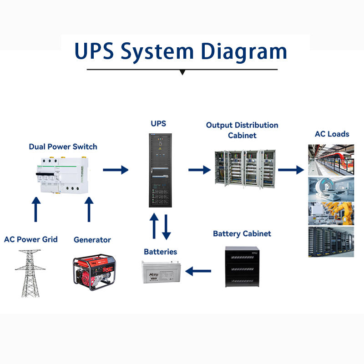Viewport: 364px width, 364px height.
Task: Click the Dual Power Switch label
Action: (63, 147)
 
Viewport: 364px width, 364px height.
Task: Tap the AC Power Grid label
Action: (31, 239)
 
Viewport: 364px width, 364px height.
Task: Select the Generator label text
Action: (92, 240)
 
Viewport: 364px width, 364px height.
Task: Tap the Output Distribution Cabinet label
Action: (242, 130)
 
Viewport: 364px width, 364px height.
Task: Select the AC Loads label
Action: (332, 134)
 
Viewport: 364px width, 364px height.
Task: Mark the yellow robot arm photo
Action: (331, 214)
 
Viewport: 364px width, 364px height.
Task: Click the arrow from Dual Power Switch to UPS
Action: (116, 170)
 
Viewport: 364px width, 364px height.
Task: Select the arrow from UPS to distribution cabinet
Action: (199, 170)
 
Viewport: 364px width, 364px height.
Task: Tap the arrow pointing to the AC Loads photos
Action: (290, 170)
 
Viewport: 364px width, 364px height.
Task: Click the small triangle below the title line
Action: (182, 72)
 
